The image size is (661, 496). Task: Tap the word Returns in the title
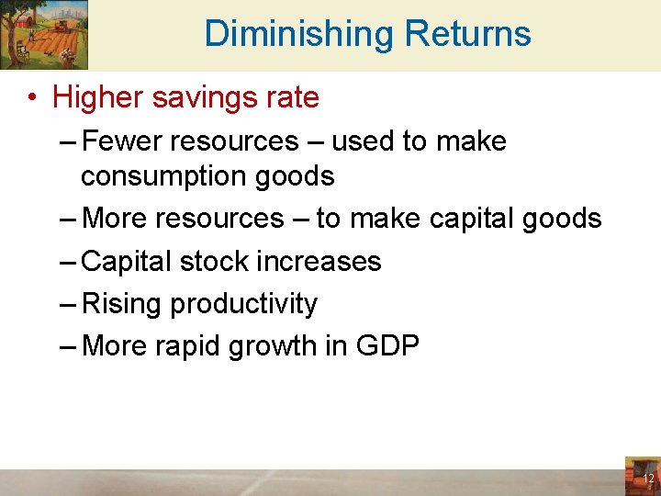[x=467, y=34]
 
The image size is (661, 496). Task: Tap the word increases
[x=322, y=261]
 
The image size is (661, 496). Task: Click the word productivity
[x=244, y=303]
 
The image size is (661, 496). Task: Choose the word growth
[x=294, y=346]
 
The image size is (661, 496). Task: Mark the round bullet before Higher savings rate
[x=32, y=97]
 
